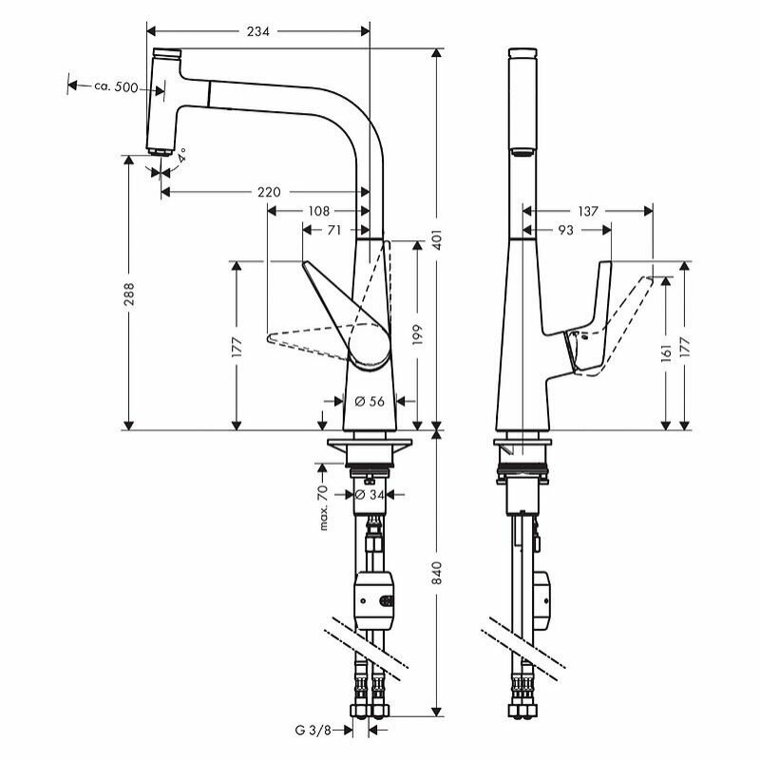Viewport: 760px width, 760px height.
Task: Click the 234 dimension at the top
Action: (258, 31)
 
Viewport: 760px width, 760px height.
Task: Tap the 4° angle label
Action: (180, 154)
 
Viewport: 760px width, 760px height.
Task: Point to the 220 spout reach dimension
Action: (269, 193)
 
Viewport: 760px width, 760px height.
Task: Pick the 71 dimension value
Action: (335, 229)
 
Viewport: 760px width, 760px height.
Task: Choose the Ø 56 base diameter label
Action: (369, 402)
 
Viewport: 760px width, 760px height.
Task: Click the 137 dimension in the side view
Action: (588, 211)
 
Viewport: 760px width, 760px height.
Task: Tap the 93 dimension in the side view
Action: (567, 229)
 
